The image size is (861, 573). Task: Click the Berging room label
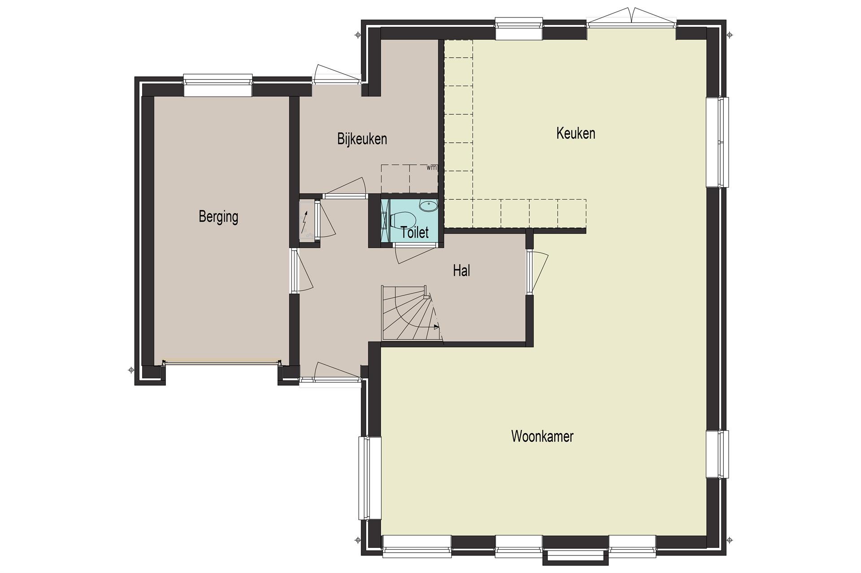(x=218, y=217)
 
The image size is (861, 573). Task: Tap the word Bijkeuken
(x=362, y=139)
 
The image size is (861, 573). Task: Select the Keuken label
(x=576, y=133)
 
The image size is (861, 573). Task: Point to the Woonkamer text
(x=542, y=436)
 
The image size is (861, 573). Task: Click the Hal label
(x=461, y=271)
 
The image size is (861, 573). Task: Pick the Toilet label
(x=415, y=232)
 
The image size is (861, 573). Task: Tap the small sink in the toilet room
(x=428, y=206)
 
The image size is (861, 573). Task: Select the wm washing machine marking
(x=431, y=168)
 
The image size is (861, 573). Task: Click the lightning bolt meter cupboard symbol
(x=306, y=223)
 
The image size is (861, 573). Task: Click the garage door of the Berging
(x=221, y=362)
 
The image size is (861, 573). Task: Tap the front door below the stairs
(x=330, y=374)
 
